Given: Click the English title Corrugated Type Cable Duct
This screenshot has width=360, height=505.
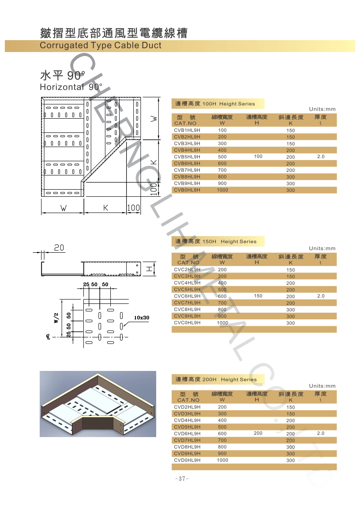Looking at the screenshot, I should click(101, 45).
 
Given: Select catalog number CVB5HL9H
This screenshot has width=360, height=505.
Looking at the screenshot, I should click(187, 157).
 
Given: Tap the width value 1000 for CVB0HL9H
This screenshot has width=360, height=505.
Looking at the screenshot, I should click(222, 190).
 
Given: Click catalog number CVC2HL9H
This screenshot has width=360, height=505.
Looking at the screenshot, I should click(187, 269).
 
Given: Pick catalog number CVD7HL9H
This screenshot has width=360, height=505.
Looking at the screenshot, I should click(187, 440).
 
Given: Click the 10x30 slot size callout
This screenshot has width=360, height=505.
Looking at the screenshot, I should click(142, 318).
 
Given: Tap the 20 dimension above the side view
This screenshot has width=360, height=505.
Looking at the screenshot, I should click(59, 248).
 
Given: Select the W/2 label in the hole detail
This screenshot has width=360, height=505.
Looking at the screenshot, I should click(56, 318).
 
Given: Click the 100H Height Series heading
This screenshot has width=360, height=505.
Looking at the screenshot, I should click(215, 104).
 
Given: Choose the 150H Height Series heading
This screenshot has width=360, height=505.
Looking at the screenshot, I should click(216, 242).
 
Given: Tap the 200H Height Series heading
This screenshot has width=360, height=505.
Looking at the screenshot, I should click(216, 379).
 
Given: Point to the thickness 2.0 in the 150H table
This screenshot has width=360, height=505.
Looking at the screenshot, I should click(320, 296).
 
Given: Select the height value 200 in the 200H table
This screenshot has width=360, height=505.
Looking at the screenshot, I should click(258, 434).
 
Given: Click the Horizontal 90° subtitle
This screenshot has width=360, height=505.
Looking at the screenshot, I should click(71, 87).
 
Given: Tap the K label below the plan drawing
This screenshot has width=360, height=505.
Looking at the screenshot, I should click(106, 208).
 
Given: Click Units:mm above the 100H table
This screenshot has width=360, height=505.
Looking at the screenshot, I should click(322, 109).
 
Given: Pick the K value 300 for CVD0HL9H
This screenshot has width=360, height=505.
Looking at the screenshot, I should click(290, 460).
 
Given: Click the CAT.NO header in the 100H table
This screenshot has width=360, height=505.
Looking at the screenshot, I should click(185, 123).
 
